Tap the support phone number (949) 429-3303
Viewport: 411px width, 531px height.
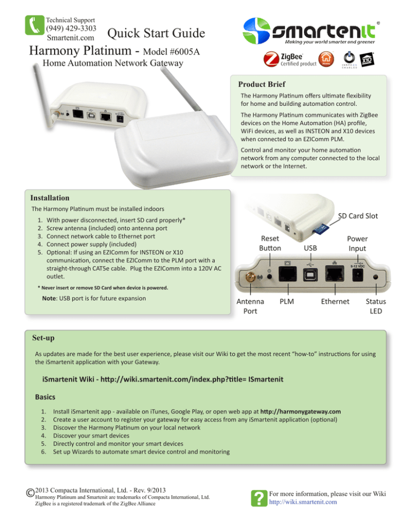pyautogui.click(x=71, y=28)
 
